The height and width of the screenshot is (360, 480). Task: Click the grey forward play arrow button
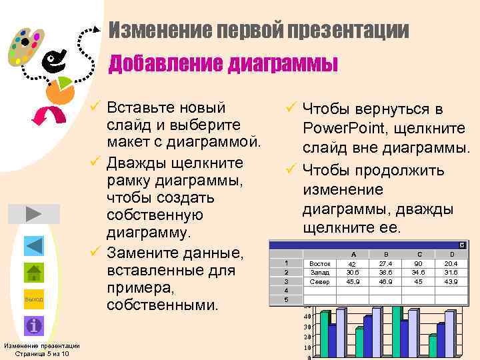(34, 214)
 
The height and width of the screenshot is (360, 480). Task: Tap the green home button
(34, 273)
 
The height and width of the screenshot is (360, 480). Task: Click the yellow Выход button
(34, 299)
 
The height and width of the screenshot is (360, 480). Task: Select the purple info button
(34, 326)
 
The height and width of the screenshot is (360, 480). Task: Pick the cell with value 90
(419, 263)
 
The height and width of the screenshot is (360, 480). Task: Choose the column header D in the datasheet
(453, 254)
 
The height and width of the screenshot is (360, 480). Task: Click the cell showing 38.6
(386, 273)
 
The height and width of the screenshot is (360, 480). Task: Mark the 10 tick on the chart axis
(306, 347)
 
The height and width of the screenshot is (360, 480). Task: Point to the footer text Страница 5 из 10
(41, 353)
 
